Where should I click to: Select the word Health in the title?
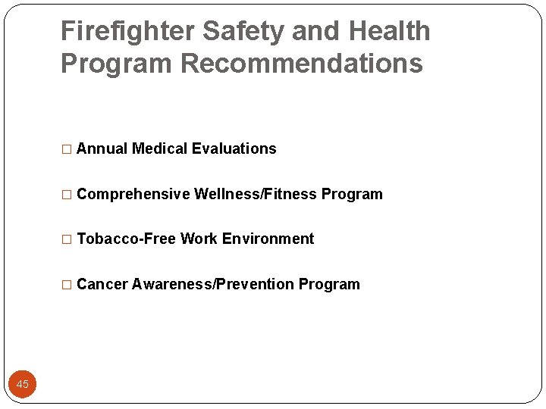pos(389,32)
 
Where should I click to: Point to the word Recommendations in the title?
pos(302,64)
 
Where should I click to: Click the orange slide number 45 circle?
pos(23,385)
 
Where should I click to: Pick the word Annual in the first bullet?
pos(102,149)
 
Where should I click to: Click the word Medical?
pos(159,149)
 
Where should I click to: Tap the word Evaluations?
pos(234,149)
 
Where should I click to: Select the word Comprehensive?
pos(133,195)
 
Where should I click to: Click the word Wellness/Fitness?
pos(256,195)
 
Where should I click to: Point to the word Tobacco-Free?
pos(127,239)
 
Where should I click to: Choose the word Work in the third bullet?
pos(199,239)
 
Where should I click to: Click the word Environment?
pos(268,239)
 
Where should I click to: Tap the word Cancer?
pos(102,285)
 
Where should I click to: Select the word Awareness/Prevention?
pos(213,285)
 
